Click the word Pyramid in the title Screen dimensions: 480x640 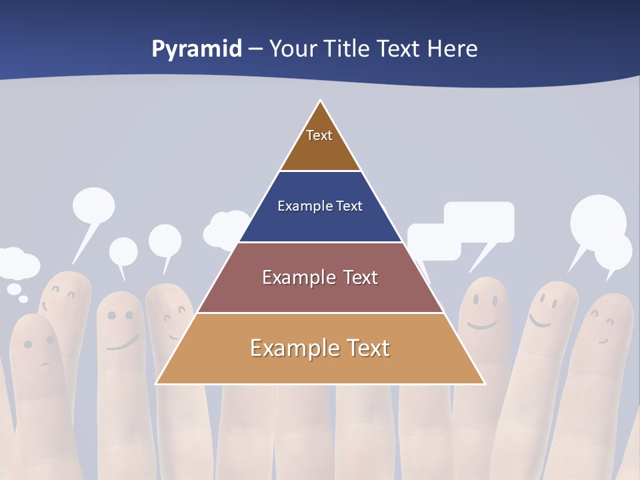click(197, 49)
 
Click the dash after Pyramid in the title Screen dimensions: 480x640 click(255, 50)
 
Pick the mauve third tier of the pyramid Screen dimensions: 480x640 click(320, 278)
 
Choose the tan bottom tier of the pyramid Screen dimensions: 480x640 click(320, 349)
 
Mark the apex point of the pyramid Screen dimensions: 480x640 click(321, 101)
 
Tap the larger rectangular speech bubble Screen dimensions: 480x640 click(479, 221)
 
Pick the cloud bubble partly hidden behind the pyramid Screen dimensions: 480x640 click(225, 228)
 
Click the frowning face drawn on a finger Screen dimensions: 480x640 click(40, 350)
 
